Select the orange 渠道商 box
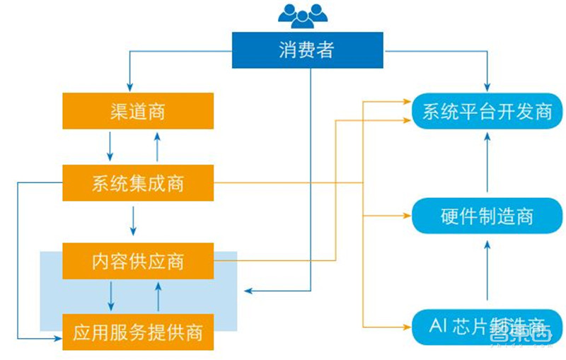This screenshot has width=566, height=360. tap(138, 111)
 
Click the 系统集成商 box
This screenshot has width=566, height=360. tap(138, 183)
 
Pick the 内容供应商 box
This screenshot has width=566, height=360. tap(138, 261)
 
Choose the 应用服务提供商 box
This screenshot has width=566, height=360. tap(138, 332)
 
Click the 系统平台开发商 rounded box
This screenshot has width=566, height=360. tap(487, 112)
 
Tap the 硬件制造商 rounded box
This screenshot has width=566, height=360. tap(487, 216)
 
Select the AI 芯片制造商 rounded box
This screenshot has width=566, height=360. tap(487, 327)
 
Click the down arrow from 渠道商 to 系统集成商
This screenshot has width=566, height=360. tap(110, 146)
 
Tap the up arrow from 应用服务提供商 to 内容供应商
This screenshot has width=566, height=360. tap(158, 296)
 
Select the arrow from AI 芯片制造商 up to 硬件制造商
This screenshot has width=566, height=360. tap(487, 269)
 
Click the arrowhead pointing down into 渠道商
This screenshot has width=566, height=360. tap(130, 85)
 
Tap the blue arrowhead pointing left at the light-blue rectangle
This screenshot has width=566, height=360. tap(247, 291)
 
